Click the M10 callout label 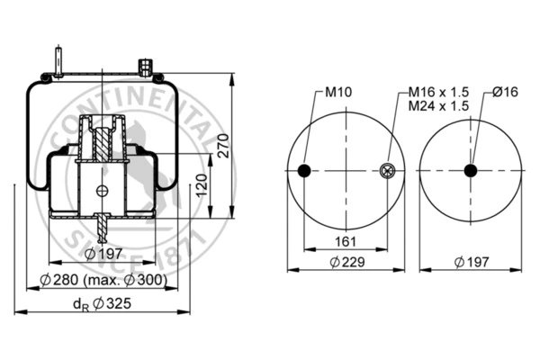[337, 92]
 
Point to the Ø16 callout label [506, 92]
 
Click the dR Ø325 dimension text [106, 304]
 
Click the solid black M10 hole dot [304, 171]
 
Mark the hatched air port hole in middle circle [388, 171]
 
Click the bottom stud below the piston [103, 229]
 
